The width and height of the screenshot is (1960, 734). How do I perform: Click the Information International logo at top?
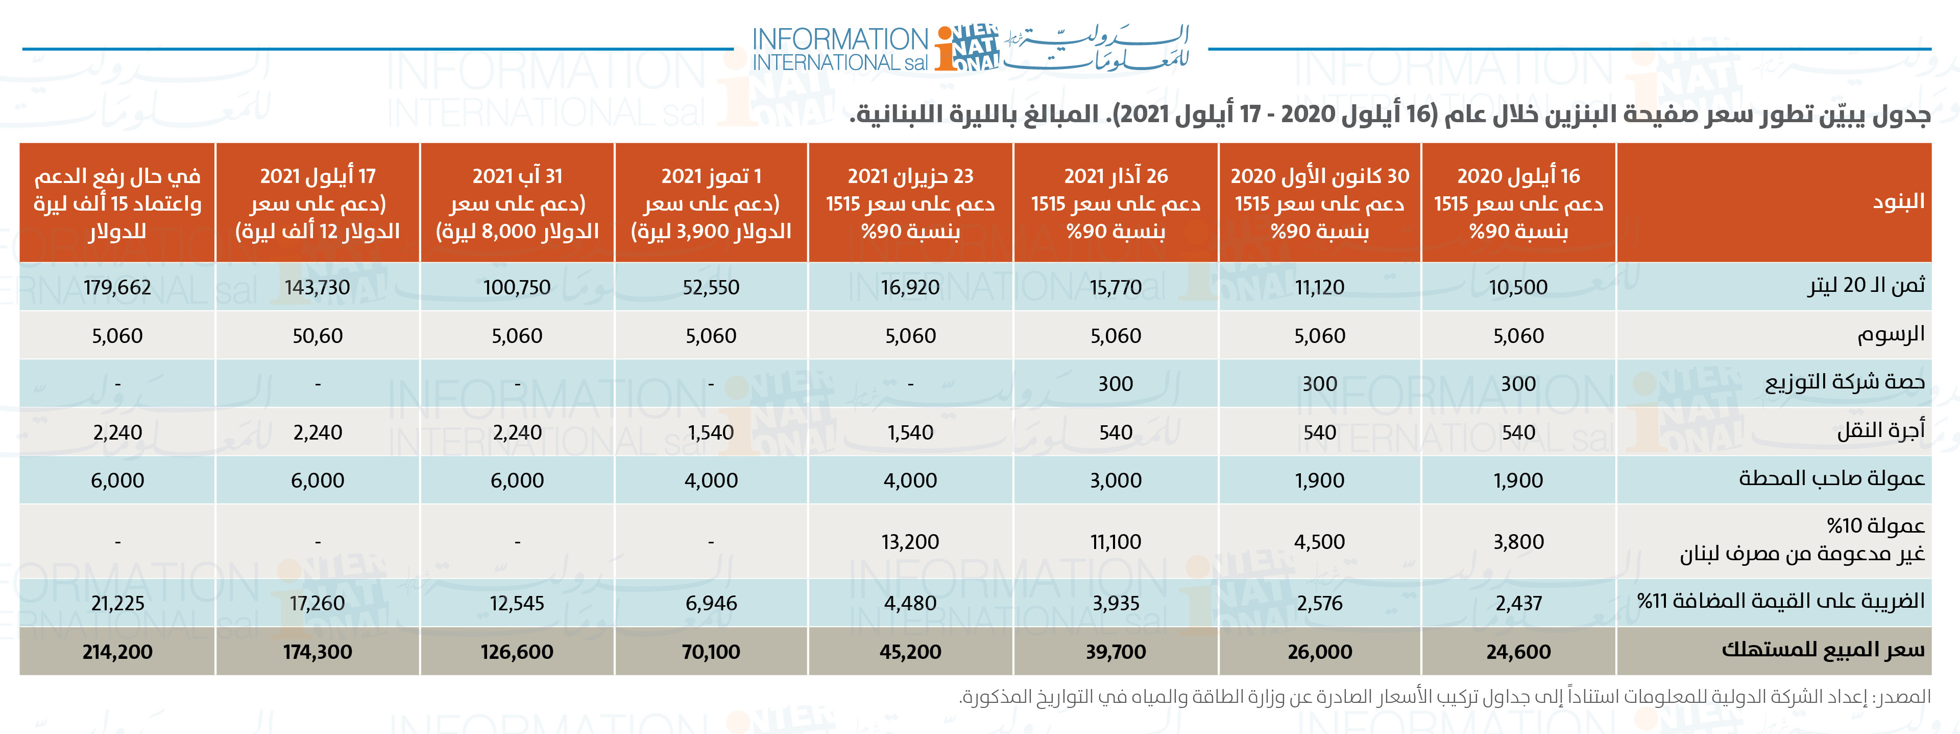tap(970, 48)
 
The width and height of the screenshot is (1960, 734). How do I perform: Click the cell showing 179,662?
tap(117, 287)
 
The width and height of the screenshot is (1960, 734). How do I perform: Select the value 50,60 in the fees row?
tap(317, 336)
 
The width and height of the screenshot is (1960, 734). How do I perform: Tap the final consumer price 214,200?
tap(117, 652)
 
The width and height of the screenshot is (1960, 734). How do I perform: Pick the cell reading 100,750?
tap(517, 287)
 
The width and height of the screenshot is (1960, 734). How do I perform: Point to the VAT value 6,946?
tap(711, 603)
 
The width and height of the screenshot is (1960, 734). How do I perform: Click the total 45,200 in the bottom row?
tap(910, 652)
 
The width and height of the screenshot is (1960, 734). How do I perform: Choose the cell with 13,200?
tap(910, 541)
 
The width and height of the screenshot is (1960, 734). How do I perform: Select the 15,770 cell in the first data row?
tap(1116, 287)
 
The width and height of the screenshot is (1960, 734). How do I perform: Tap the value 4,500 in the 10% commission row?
tap(1319, 541)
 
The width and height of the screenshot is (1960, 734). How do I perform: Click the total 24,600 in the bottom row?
tap(1518, 652)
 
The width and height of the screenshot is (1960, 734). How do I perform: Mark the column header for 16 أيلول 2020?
tap(1518, 202)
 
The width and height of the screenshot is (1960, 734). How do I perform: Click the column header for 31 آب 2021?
tap(517, 202)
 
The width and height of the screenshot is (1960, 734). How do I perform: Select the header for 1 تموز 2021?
tap(711, 202)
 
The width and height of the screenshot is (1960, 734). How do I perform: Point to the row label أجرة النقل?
tap(1880, 431)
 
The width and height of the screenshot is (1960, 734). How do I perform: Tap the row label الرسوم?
tap(1890, 334)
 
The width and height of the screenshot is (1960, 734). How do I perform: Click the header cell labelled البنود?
tap(1898, 202)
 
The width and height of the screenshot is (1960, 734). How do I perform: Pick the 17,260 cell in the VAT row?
tap(317, 603)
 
